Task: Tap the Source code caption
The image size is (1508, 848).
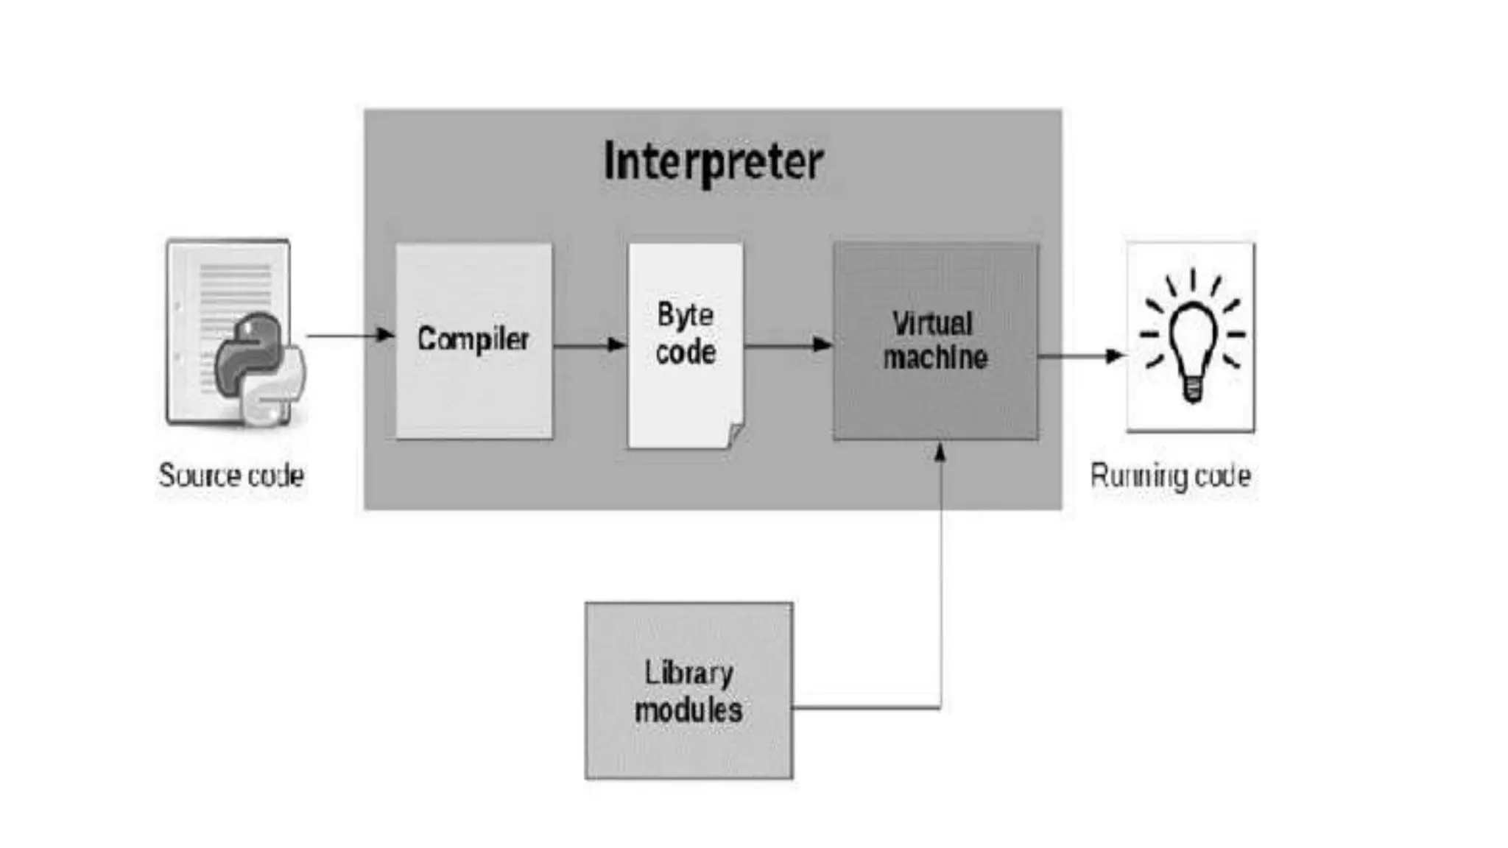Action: (231, 476)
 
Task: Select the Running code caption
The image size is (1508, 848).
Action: (1170, 476)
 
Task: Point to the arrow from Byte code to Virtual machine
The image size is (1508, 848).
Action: (788, 344)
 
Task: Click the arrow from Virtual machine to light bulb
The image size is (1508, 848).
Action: (1081, 356)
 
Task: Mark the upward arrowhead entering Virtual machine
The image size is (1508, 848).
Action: (940, 451)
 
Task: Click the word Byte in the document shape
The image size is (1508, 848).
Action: (685, 315)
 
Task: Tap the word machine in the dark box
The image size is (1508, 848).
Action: (935, 358)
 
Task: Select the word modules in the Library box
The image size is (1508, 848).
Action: (688, 710)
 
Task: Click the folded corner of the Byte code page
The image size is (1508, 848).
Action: (734, 435)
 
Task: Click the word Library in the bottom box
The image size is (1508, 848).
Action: (688, 673)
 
